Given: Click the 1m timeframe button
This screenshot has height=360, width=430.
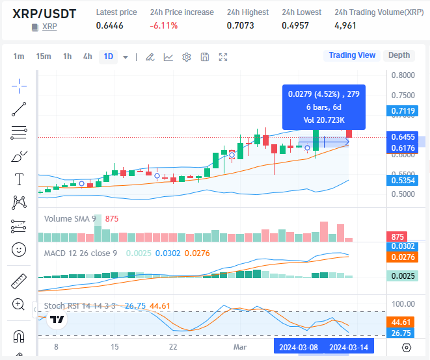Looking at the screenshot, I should coord(19,57).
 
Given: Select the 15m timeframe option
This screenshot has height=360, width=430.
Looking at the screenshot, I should coord(44,57).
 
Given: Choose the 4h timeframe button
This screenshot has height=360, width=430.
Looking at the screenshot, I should coord(87,57).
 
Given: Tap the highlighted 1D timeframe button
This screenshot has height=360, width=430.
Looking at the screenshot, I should coord(108,57).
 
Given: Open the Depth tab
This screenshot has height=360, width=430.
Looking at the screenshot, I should coord(399,55).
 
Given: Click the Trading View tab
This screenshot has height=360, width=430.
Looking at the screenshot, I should coord(352,55).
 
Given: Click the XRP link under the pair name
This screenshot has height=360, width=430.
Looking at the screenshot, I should coord(49,27).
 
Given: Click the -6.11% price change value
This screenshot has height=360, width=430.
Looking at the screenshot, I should coord(163,25).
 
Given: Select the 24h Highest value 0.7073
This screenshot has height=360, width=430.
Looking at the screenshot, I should coord(240,25).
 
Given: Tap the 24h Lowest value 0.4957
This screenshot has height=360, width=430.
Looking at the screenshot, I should coord(295,25).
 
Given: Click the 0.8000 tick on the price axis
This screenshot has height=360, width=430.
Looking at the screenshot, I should coord(403,75).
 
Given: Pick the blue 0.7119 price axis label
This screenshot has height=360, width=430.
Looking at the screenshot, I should coord(403,111).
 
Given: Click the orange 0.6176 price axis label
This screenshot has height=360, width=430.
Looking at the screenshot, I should coord(403,149).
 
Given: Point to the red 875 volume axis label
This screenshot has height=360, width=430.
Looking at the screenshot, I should coord(396,237).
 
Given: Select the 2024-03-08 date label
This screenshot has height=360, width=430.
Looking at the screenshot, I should coord(299,347).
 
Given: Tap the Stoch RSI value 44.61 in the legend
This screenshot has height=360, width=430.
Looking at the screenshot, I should coord(159,305).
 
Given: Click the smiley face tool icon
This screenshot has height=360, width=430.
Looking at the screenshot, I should coord(19,249).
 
